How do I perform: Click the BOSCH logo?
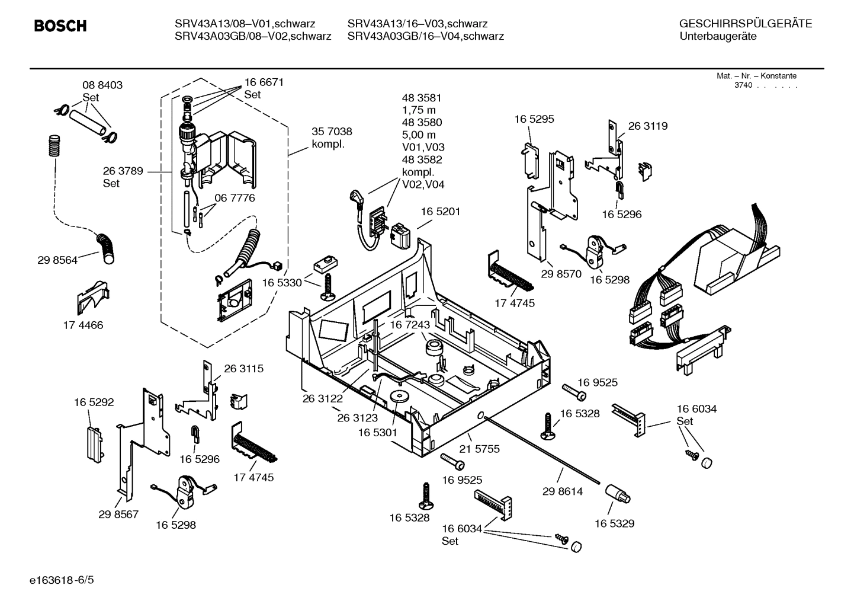[60, 26]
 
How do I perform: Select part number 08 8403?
[102, 85]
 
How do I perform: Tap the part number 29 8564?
[57, 260]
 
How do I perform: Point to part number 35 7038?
[332, 132]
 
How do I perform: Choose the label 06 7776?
[235, 198]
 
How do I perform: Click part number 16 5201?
[441, 212]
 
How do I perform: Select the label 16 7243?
[410, 325]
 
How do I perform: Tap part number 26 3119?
[647, 126]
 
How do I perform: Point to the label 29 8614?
[563, 491]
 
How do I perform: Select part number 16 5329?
[614, 523]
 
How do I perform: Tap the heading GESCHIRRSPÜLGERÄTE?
[745, 24]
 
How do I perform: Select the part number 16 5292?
[94, 402]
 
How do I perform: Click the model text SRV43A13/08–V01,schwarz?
[245, 24]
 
